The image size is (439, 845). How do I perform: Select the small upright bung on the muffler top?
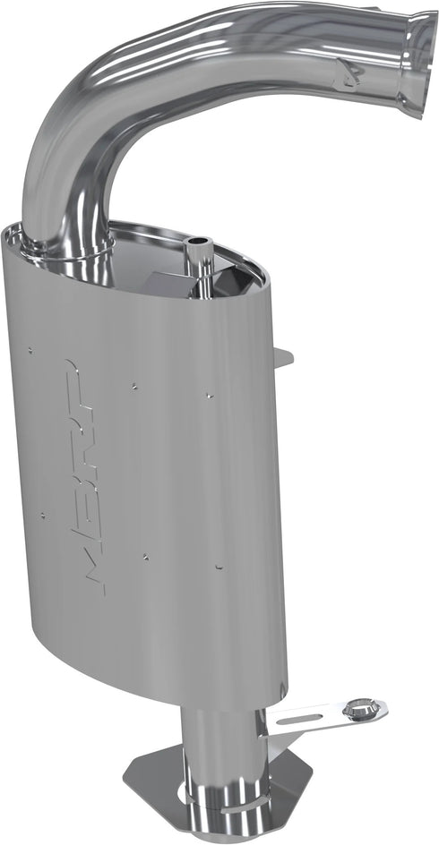(198, 255)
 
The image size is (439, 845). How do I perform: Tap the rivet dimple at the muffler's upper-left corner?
(30, 349)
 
